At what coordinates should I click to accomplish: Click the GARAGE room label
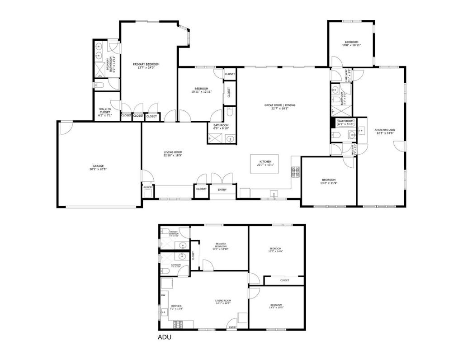[x=98, y=167]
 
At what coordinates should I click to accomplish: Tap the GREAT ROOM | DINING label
[x=280, y=107]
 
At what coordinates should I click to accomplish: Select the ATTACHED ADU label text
[x=385, y=131]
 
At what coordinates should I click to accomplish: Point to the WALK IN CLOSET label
[x=105, y=112]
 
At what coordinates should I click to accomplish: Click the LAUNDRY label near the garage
[x=147, y=187]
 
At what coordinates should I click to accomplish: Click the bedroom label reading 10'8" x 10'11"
[x=351, y=44]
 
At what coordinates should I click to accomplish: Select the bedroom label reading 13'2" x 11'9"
[x=328, y=181]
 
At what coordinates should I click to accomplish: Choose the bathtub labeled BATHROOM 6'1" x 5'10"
[x=346, y=122]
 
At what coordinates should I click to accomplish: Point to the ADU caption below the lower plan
[x=164, y=337]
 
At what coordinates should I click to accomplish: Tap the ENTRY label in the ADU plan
[x=232, y=327]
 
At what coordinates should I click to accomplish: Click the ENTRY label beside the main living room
[x=222, y=189]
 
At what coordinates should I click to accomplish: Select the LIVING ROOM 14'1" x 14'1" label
[x=223, y=302]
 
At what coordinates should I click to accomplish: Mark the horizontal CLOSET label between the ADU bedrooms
[x=284, y=280]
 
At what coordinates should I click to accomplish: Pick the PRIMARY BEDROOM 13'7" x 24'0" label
[x=146, y=66]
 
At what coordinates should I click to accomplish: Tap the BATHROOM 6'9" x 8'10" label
[x=221, y=127]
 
